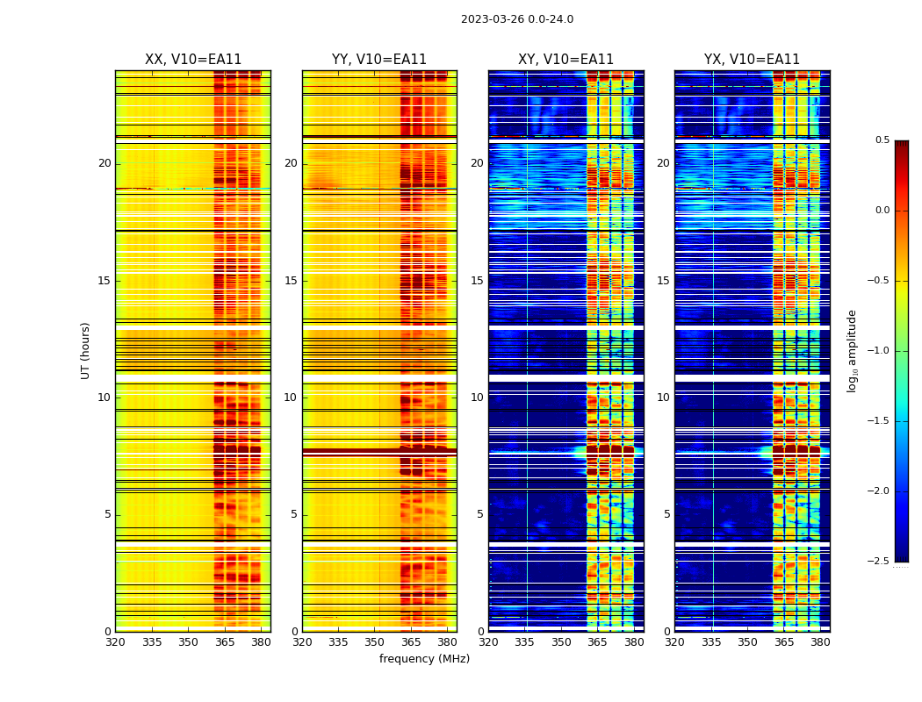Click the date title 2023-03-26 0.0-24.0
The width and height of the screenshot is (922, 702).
[x=516, y=19]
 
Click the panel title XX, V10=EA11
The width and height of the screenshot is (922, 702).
[x=192, y=60]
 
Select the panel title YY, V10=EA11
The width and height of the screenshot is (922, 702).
[x=379, y=60]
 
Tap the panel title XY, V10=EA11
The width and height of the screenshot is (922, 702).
[x=565, y=60]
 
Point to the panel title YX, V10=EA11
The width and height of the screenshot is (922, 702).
[x=752, y=60]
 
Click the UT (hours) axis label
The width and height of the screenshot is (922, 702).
[x=85, y=350]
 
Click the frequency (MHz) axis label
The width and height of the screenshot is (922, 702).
[x=424, y=659]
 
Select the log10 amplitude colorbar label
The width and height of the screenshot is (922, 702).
[x=851, y=350]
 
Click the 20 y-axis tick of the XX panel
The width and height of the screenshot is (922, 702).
[x=104, y=163]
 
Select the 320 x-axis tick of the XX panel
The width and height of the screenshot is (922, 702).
[x=115, y=642]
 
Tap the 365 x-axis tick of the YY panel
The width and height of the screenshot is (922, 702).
[x=411, y=642]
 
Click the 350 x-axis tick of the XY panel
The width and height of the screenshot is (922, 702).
[x=561, y=642]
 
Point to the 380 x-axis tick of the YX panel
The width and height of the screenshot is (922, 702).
[x=820, y=642]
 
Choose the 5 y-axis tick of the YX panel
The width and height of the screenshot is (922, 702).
[x=667, y=514]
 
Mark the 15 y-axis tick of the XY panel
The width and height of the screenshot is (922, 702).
[x=477, y=281]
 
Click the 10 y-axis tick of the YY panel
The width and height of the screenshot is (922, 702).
[x=291, y=398]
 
